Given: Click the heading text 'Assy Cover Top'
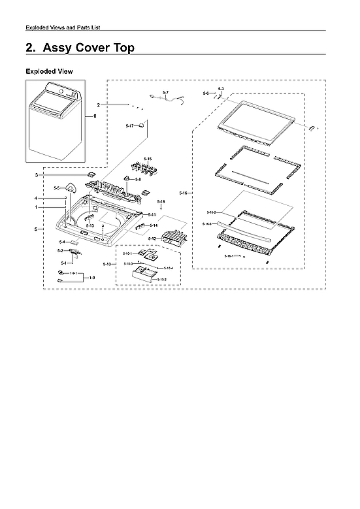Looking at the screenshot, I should tap(88, 48).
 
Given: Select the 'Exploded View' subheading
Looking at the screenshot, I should tap(49, 71).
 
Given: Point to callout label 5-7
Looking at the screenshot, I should tap(165, 92).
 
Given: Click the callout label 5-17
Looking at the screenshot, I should tap(129, 125).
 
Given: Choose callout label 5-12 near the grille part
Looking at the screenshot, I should tap(152, 239).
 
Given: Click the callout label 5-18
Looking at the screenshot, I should tap(161, 202).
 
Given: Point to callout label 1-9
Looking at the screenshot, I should tap(92, 278).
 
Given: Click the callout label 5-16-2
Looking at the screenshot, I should tap(211, 213).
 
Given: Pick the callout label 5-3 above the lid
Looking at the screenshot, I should tap(221, 88).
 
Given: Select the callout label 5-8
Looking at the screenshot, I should tap(139, 179).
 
